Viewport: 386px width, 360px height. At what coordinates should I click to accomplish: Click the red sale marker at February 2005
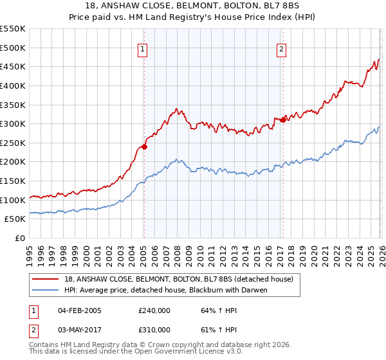click(144, 147)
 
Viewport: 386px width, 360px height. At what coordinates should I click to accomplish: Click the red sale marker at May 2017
click(283, 120)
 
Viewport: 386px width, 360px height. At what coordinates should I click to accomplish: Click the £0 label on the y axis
click(19, 239)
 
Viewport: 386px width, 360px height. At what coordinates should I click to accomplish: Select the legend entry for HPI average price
click(166, 290)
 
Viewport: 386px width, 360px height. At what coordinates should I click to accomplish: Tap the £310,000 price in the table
click(154, 330)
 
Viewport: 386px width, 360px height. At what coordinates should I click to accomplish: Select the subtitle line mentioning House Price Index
click(193, 17)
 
